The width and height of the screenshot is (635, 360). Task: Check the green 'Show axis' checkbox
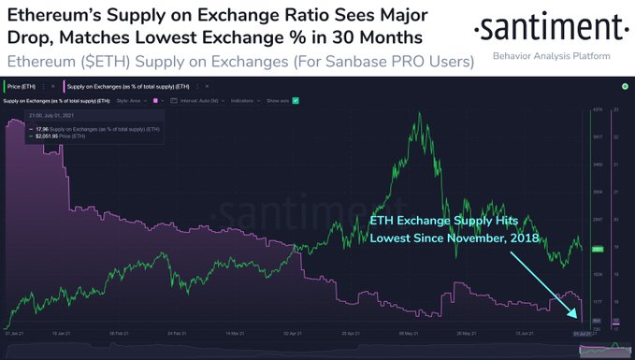tap(295, 99)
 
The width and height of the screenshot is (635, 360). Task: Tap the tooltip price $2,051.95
tap(45, 137)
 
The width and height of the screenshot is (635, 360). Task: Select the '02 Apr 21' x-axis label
tap(291, 331)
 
